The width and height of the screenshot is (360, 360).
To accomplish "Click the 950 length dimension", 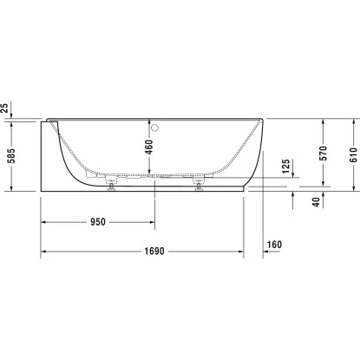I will point(97,222).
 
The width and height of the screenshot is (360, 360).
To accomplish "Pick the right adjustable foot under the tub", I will point(199,185).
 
